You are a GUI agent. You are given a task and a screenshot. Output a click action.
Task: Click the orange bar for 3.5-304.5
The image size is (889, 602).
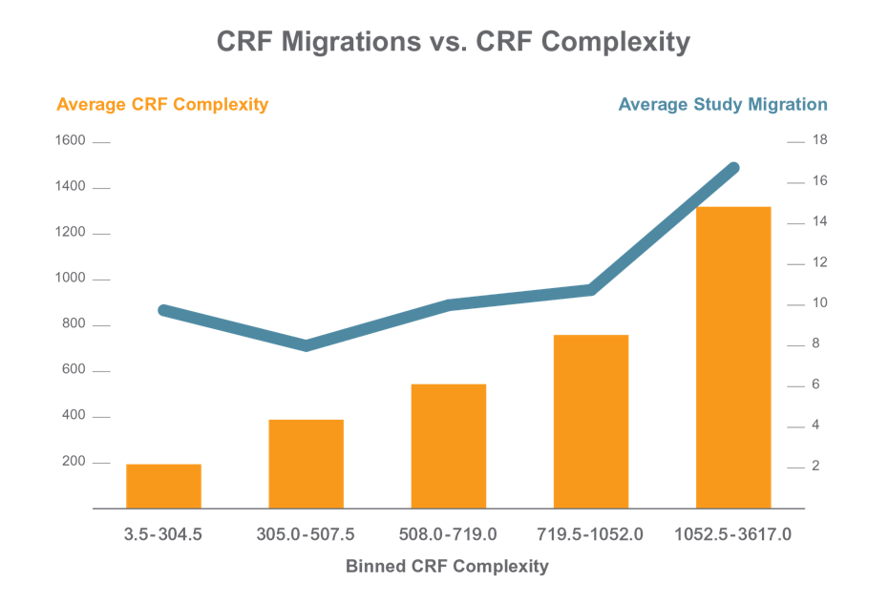(x=163, y=486)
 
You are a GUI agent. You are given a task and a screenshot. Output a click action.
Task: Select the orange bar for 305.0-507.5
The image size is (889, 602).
(x=306, y=464)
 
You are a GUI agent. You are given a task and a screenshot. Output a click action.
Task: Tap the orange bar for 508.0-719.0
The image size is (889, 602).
(x=449, y=446)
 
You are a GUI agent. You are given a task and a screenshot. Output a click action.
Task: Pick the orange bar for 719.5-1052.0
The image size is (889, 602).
(x=591, y=421)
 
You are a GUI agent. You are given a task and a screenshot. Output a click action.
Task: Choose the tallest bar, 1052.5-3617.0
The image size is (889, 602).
(x=733, y=357)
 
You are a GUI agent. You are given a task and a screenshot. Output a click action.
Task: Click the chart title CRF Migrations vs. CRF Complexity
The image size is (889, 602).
(x=453, y=43)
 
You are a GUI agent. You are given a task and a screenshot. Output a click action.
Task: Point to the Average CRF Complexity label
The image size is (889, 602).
(x=162, y=104)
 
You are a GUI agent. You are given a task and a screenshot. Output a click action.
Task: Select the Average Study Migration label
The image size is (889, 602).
(x=723, y=104)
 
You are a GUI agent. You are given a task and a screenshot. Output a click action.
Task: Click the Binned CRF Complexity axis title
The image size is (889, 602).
(x=447, y=566)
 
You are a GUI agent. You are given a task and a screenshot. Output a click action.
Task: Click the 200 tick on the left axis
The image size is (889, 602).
(x=74, y=462)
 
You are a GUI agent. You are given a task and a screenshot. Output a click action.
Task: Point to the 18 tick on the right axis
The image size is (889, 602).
(x=819, y=140)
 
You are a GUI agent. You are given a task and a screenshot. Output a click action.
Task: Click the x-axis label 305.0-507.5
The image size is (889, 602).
(x=306, y=534)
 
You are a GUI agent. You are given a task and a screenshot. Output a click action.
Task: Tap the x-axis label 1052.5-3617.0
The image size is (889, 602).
(x=733, y=534)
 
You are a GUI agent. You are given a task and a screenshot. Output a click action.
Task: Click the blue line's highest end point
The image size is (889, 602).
(x=734, y=168)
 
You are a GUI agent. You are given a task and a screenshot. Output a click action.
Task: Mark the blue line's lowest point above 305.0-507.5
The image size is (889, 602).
(x=306, y=345)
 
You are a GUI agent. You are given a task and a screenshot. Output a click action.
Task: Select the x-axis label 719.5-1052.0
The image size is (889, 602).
(x=591, y=534)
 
